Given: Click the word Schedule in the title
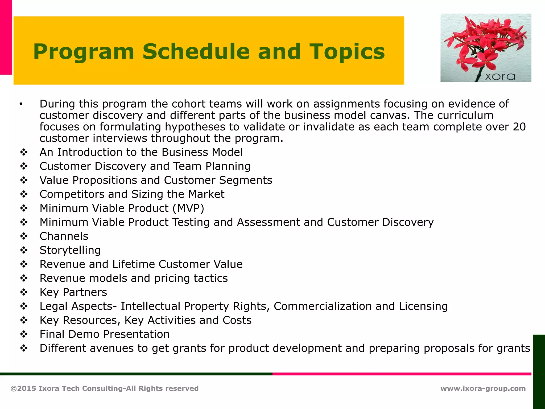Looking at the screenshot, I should (196, 51).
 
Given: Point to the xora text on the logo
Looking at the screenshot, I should (500, 77).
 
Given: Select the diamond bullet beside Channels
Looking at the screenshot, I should (24, 236).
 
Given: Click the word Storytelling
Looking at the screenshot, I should (70, 250).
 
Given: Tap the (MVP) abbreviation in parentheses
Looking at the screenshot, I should (188, 208).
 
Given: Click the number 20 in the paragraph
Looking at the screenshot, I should (519, 127).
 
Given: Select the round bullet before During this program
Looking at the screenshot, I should (21, 104).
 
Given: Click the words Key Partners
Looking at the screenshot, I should (73, 292).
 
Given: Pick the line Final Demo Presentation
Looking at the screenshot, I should (104, 334).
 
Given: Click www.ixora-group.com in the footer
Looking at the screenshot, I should (483, 388).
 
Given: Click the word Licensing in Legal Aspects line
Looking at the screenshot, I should (423, 306).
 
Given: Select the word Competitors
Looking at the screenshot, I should (72, 194).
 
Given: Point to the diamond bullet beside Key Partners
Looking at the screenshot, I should (24, 292).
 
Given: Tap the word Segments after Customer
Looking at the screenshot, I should (245, 180).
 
